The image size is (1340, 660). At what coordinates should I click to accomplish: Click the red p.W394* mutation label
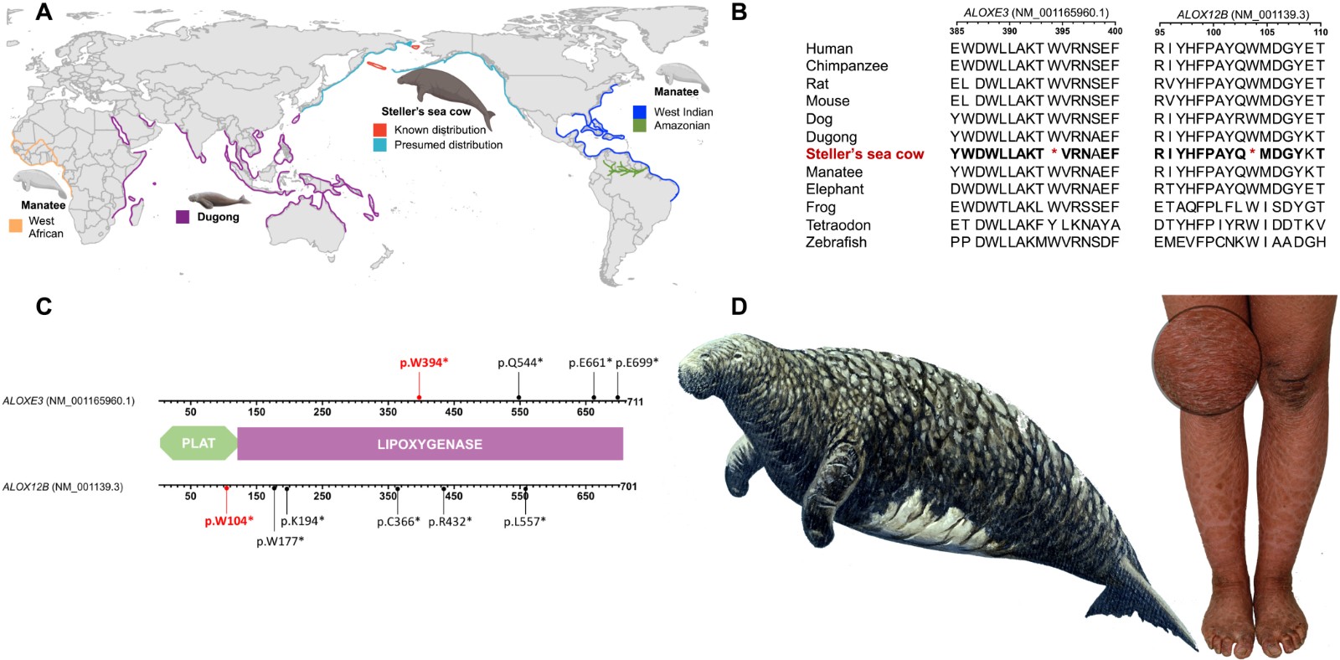424,363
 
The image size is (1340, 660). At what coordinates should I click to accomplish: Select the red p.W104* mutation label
229,521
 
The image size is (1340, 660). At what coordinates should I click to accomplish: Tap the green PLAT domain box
198,443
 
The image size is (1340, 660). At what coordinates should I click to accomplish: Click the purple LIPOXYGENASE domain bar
430,444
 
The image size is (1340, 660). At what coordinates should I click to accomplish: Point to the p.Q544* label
520,363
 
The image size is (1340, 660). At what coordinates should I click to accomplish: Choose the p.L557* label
524,521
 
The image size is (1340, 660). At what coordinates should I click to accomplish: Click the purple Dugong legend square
183,217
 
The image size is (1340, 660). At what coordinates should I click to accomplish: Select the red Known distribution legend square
380,130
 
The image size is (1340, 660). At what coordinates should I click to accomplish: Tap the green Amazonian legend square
639,126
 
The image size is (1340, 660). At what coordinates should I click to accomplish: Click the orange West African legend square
16,224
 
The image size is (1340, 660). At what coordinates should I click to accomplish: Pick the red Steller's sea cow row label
864,154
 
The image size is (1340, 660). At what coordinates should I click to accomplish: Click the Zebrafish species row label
836,242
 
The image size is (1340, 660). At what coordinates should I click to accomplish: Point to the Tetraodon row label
837,224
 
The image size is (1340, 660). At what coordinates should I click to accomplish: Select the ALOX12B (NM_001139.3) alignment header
1242,14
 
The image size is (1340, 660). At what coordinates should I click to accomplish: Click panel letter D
739,307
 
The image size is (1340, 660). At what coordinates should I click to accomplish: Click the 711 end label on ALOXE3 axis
635,402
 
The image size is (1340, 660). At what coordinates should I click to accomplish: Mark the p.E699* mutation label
636,363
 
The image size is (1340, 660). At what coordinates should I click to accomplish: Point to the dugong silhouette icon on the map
218,199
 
